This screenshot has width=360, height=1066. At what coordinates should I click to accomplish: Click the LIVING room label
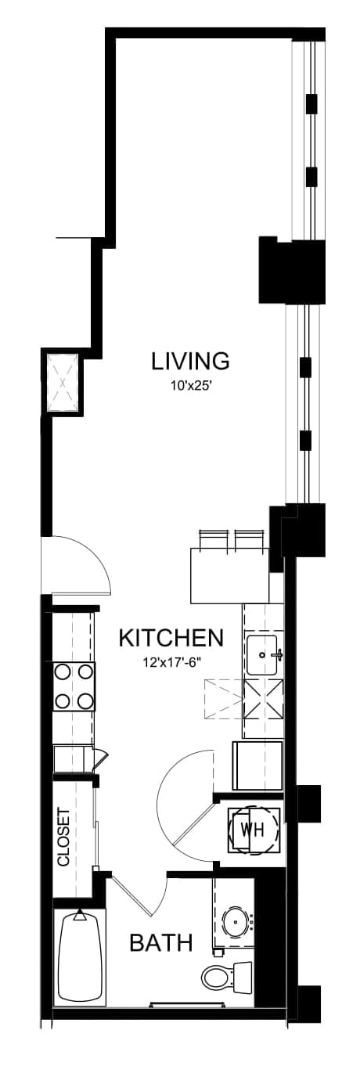[190, 361]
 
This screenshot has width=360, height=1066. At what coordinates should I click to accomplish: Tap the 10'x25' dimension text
[191, 387]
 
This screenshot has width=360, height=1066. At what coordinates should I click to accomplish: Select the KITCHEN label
[171, 638]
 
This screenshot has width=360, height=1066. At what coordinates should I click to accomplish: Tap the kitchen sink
[261, 654]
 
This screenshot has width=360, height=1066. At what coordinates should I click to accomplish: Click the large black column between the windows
[291, 269]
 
